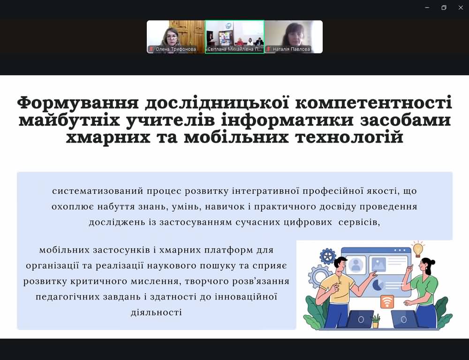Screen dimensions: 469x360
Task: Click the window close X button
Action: [461, 8]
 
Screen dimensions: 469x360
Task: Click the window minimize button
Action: [427, 7]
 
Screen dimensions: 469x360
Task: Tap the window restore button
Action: [444, 8]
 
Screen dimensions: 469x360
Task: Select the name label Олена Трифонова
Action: [175, 49]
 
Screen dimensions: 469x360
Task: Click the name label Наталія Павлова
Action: [291, 49]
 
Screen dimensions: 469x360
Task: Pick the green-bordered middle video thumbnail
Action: [234, 37]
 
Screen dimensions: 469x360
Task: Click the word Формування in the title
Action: [78, 103]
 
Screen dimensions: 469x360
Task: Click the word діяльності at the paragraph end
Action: [157, 313]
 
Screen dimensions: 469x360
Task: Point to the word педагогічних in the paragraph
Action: [68, 297]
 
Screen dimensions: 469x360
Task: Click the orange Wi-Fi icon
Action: [387, 302]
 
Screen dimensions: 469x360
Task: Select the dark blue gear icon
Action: [328, 256]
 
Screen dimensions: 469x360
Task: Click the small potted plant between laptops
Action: [376, 322]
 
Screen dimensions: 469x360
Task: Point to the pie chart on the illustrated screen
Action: [378, 285]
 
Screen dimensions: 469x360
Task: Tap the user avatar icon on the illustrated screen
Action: [356, 265]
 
